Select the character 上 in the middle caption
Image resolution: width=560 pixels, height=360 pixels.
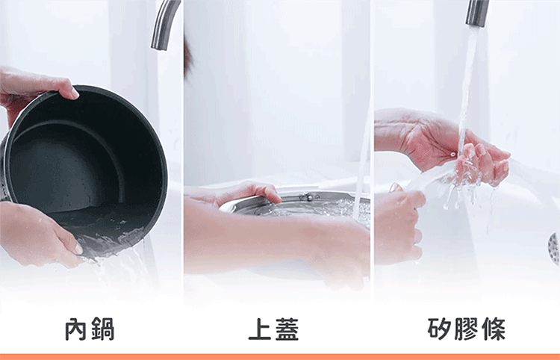[x=260, y=329]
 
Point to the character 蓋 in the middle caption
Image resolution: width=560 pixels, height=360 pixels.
[x=287, y=329]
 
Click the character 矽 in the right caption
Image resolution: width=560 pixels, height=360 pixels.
[x=439, y=329]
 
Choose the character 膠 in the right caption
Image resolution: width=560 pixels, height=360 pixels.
[x=466, y=329]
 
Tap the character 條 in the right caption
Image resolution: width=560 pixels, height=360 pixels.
[x=494, y=329]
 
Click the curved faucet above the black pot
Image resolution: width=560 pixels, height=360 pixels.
[x=165, y=25]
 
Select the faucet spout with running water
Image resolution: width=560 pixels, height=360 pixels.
[x=477, y=13]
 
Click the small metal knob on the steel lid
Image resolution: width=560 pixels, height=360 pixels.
[x=310, y=196]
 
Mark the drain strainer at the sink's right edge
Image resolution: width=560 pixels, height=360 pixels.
[x=554, y=249]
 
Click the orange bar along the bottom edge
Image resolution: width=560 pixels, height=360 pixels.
[x=280, y=357]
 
